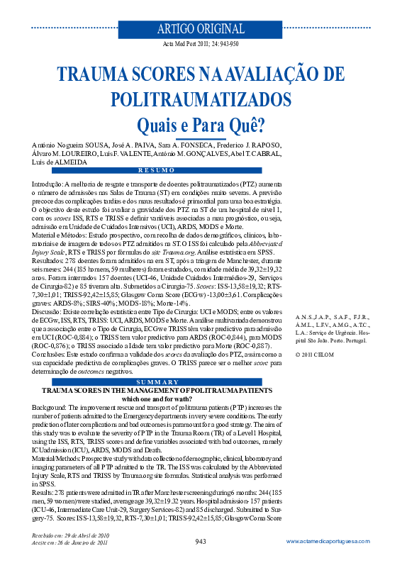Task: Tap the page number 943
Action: click(x=201, y=542)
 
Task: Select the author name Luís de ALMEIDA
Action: click(x=60, y=162)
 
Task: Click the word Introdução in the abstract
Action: click(x=49, y=182)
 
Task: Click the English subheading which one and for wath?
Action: click(x=154, y=399)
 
